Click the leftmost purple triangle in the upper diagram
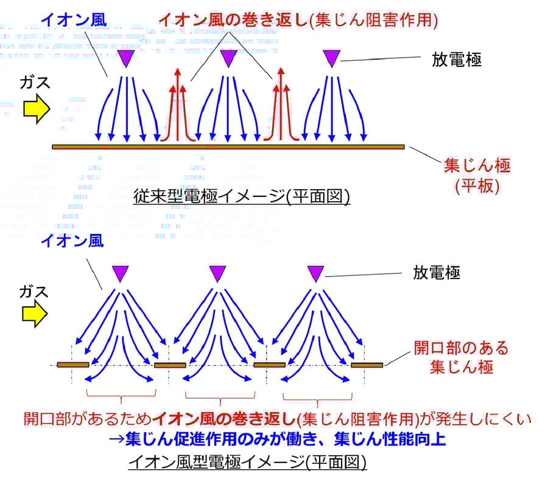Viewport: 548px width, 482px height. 126,58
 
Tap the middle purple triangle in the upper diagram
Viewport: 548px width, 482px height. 228,58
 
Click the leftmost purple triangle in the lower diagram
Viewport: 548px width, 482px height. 120,274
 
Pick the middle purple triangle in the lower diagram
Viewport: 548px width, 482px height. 217,274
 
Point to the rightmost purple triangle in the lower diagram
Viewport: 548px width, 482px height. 315,274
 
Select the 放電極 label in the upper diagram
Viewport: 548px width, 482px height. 457,60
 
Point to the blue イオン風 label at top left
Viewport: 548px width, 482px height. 74,19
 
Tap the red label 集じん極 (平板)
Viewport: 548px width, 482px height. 477,175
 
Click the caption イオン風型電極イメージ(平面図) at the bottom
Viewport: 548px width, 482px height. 248,463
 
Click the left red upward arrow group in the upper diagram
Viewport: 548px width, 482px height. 177,106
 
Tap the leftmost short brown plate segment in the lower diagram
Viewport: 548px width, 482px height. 73,365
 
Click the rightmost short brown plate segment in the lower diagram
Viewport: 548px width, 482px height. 367,365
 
